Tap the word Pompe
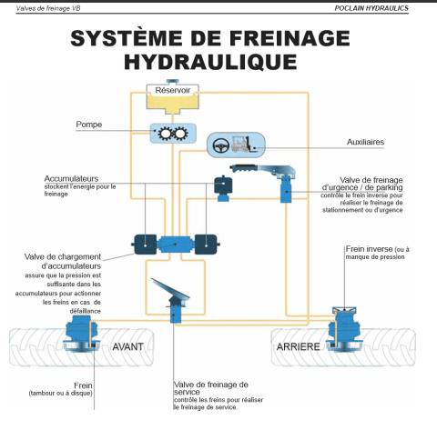(x=90, y=125)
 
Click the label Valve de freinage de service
(x=210, y=389)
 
